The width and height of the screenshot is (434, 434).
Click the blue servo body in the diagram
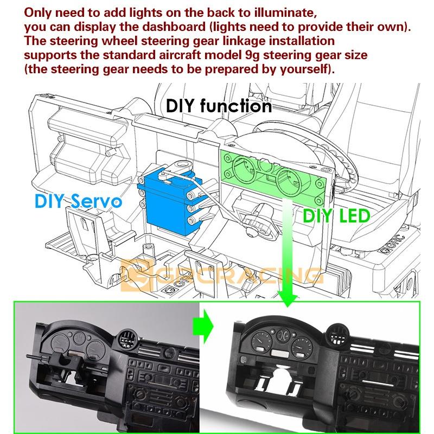[x=169, y=201]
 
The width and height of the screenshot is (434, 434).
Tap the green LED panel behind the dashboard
[x=274, y=175]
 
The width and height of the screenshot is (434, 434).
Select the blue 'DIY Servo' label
[x=78, y=201]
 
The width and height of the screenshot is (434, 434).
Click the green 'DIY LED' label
[x=336, y=215]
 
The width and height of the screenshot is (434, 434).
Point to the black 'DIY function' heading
[x=219, y=106]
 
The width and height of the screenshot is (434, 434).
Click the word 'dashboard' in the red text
[x=174, y=27]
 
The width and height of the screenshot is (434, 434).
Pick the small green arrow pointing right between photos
[x=203, y=327]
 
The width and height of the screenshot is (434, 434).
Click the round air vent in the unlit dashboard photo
[x=128, y=341]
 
